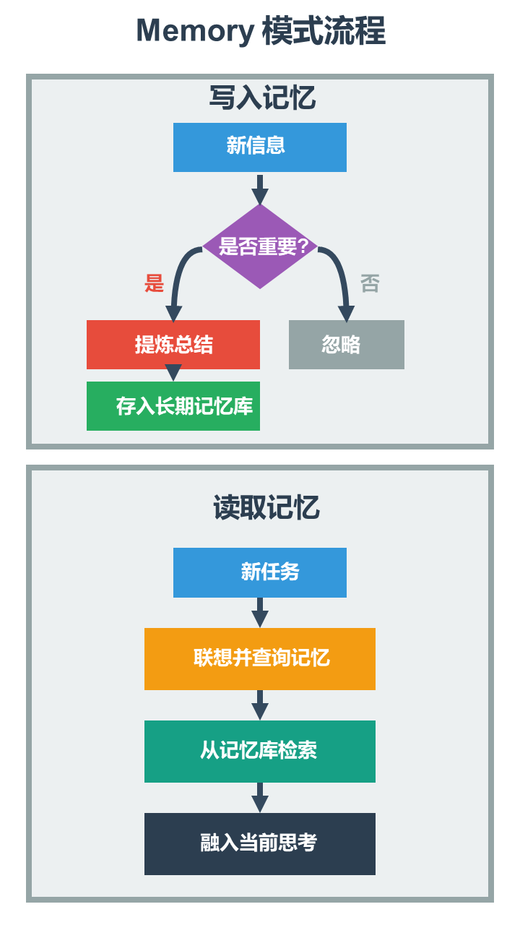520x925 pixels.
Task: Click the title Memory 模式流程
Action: [x=260, y=32]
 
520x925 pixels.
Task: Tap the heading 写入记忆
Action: [x=262, y=98]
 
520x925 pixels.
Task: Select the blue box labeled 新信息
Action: [x=260, y=147]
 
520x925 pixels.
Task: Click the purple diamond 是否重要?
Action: [x=260, y=246]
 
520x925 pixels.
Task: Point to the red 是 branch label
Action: [x=155, y=283]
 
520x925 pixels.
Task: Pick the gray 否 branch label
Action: [x=370, y=283]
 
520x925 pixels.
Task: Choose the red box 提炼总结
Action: [x=173, y=345]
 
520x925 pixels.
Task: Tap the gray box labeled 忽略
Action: [x=347, y=345]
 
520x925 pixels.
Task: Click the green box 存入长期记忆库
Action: [x=173, y=406]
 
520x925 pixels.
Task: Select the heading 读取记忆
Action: [x=266, y=508]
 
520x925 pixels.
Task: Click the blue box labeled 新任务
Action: [x=260, y=572]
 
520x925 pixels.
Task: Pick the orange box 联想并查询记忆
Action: [x=260, y=658]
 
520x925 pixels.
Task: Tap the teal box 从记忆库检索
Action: [x=260, y=751]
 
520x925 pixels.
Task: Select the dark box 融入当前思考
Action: [x=260, y=843]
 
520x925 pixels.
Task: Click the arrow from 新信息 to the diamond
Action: [x=260, y=189]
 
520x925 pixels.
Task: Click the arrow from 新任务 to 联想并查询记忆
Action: [x=260, y=613]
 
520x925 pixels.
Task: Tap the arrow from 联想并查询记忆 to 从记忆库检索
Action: [x=260, y=705]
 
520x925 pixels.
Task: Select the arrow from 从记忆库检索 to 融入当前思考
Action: [x=260, y=798]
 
